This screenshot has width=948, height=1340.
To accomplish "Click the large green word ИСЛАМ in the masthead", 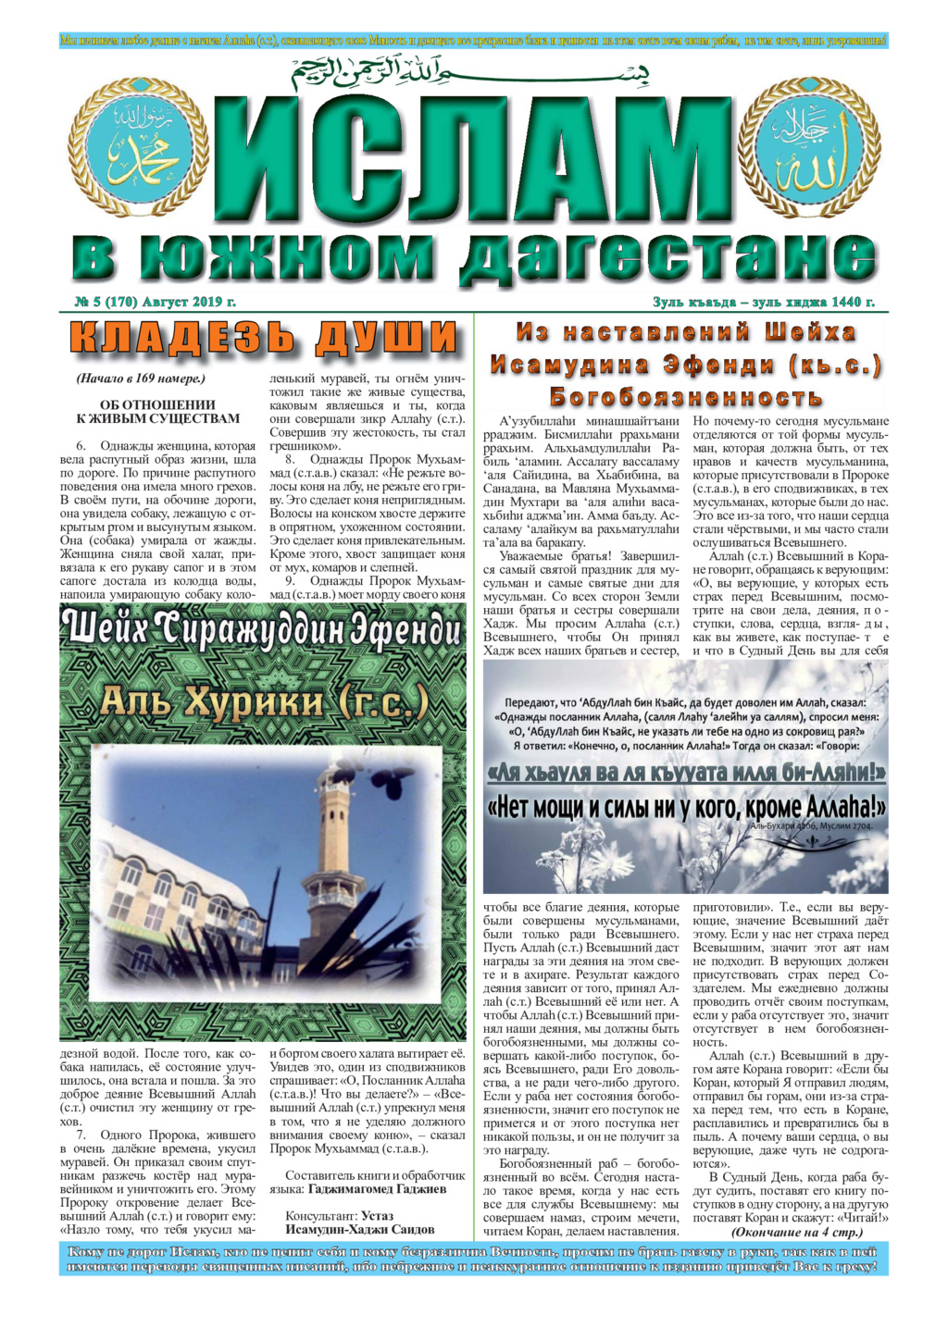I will pyautogui.click(x=474, y=159).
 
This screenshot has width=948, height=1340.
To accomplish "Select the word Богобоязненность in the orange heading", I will pyautogui.click(x=686, y=397).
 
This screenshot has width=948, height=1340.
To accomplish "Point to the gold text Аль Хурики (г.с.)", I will pyautogui.click(x=263, y=702).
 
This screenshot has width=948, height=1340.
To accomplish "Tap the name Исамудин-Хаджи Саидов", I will pyautogui.click(x=360, y=1230).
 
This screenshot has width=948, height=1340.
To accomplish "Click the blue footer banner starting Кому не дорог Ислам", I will pyautogui.click(x=474, y=1259).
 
